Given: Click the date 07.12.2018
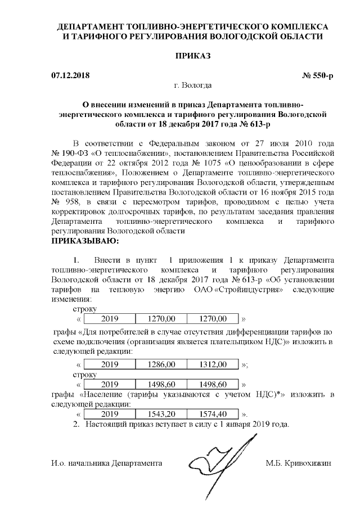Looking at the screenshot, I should [70, 75].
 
